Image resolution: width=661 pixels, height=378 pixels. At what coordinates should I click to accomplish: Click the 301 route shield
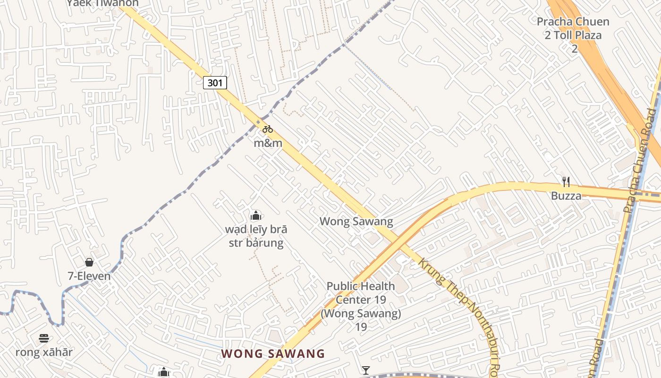215,83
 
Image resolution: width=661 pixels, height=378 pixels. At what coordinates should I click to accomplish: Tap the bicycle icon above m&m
268,129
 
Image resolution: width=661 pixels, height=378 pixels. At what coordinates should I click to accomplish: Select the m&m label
268,143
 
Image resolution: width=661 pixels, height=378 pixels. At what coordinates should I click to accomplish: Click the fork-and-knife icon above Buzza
566,181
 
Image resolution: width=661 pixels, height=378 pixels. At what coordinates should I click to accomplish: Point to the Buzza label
566,196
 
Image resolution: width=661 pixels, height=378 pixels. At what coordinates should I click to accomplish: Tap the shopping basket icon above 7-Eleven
89,262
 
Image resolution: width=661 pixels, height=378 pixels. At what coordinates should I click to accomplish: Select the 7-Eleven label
89,276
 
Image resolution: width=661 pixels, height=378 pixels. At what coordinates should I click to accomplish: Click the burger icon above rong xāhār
44,338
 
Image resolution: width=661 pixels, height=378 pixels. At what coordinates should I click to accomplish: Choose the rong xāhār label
44,352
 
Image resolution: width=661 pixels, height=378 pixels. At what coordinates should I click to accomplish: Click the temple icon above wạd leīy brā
256,216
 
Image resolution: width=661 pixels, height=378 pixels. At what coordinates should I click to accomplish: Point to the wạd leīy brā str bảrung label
256,236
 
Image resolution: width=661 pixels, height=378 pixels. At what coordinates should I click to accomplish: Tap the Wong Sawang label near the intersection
356,221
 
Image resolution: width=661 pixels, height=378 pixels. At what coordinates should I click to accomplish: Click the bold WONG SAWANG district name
273,353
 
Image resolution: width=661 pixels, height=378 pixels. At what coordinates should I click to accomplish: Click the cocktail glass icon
366,370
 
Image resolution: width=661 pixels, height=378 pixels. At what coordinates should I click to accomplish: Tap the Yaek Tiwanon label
102,3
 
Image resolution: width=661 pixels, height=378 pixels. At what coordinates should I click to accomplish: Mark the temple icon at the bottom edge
164,373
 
